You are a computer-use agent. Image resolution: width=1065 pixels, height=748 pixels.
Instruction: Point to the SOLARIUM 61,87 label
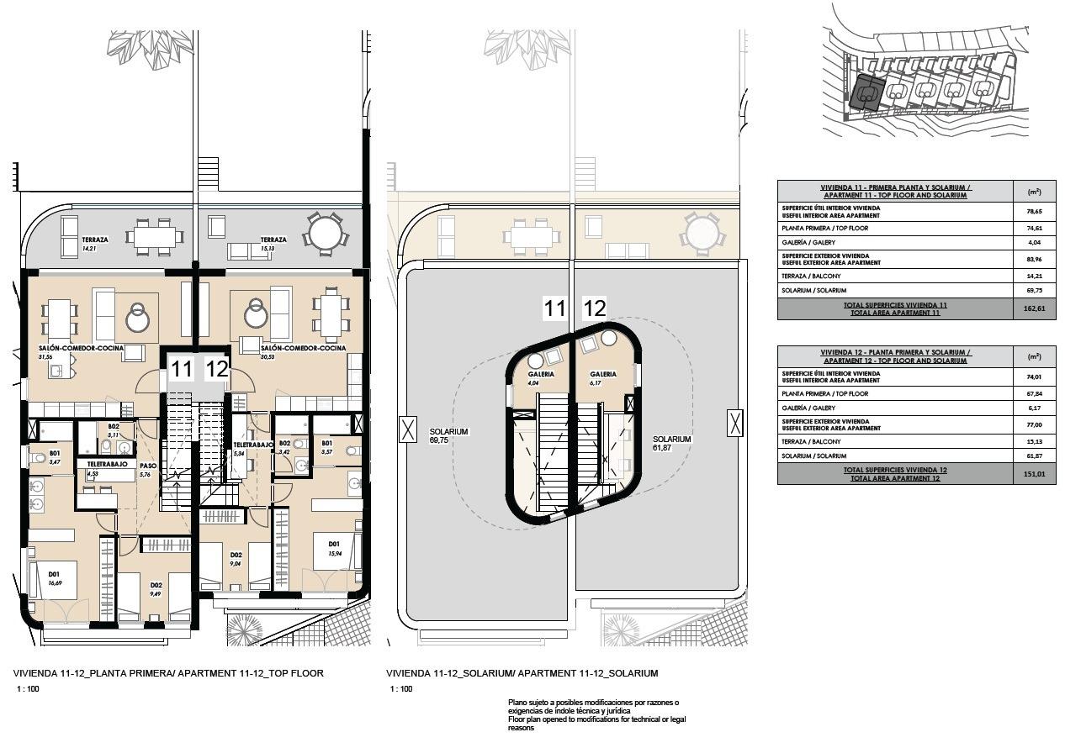671,443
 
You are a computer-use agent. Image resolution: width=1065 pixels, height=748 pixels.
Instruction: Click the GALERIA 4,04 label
541,378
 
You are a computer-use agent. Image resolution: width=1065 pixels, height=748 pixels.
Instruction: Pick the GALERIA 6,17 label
603,378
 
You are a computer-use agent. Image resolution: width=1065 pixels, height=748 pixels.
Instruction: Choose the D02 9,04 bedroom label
236,559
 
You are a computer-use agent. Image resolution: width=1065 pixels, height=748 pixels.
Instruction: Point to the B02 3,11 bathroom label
114,430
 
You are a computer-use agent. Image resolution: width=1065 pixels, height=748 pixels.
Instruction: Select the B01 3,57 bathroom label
327,448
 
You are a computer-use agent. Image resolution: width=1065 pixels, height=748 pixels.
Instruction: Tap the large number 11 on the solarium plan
554,309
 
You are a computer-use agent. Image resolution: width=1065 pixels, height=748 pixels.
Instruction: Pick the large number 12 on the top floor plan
217,368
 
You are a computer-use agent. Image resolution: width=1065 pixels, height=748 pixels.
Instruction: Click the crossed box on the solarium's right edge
736,424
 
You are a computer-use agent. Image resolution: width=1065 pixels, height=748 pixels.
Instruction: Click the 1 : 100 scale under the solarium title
401,689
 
